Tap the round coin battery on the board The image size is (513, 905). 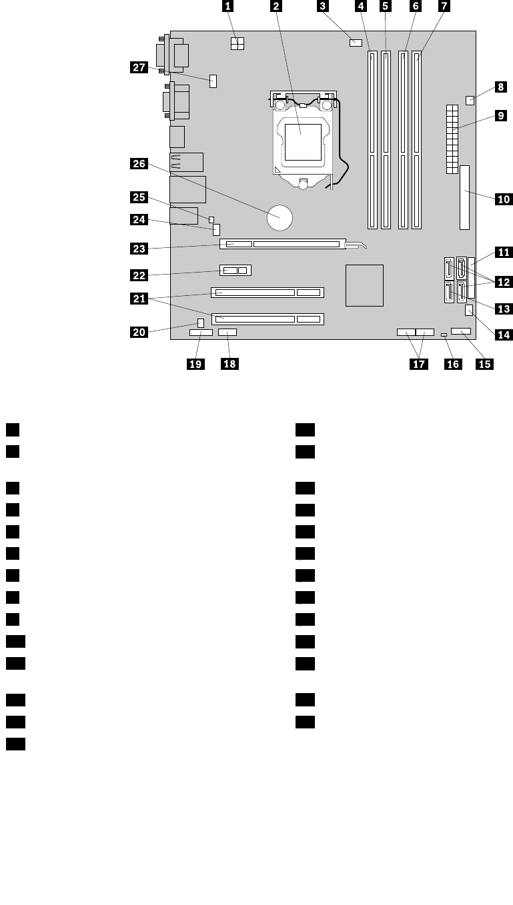pos(280,216)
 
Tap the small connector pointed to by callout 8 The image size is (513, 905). pos(470,101)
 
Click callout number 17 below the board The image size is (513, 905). pos(420,363)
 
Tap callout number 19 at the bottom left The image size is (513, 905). pos(196,363)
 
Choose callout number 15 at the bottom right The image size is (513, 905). pos(484,363)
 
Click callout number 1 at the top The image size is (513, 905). pos(228,7)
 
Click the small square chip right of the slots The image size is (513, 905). pos(365,285)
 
